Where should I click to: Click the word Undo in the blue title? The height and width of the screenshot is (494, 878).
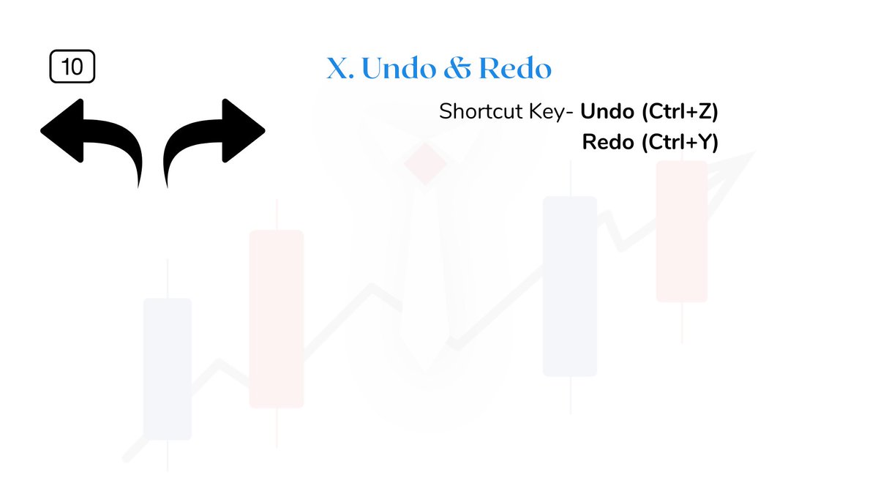pos(397,69)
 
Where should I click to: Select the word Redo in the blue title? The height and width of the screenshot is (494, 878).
pos(514,69)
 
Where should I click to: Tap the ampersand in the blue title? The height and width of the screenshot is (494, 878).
pos(457,69)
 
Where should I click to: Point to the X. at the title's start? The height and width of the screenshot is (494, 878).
pos(340,69)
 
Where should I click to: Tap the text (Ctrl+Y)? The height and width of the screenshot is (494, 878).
pos(680,142)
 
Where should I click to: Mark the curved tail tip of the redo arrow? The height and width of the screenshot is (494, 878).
pos(167,183)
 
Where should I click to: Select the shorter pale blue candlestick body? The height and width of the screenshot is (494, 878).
pos(168,368)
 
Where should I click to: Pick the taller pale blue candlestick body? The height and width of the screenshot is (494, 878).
pos(570,285)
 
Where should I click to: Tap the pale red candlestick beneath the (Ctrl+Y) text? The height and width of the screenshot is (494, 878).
pos(682,231)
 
